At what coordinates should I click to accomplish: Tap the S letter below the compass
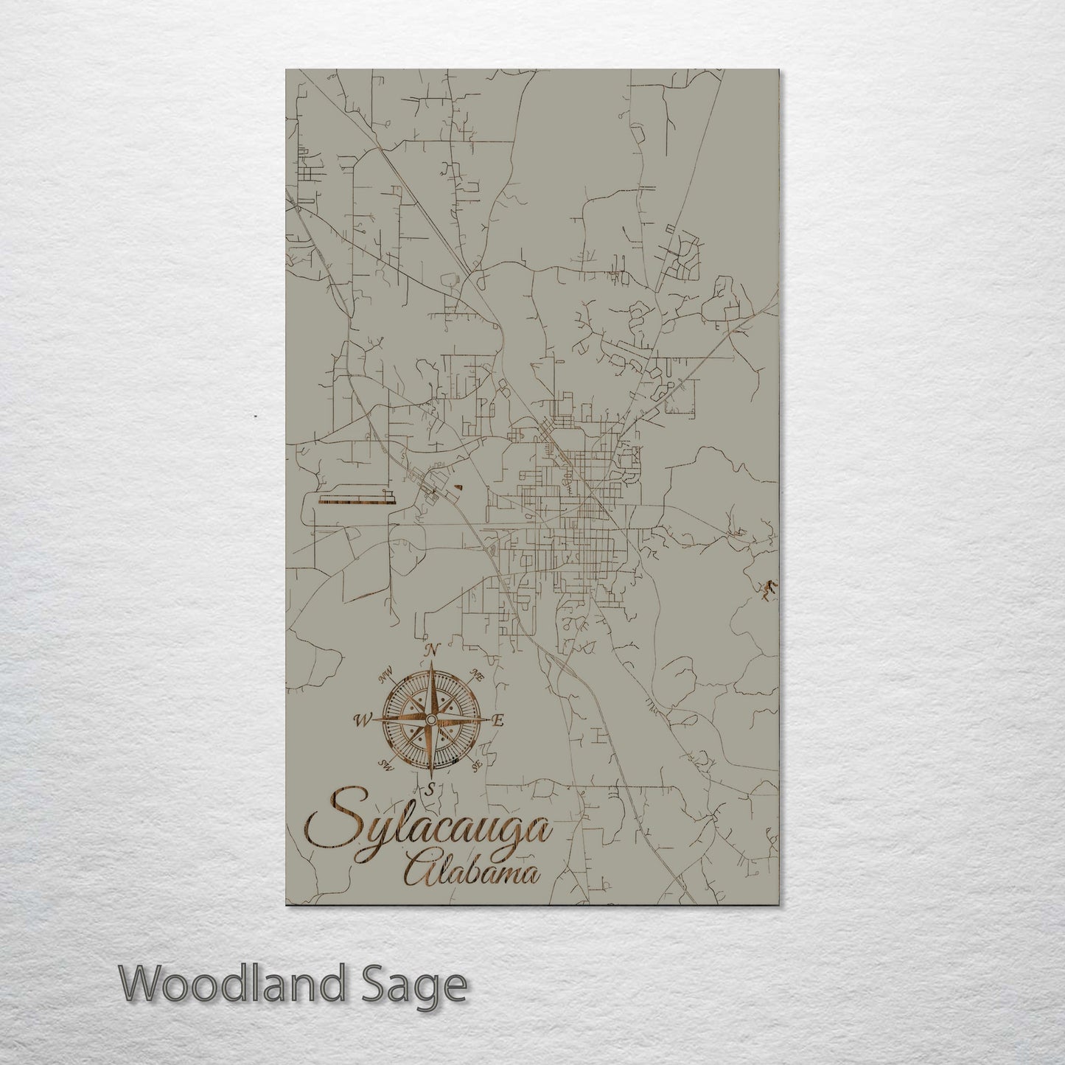(430, 789)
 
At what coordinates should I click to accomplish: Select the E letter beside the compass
(498, 721)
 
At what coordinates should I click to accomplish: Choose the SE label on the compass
(477, 766)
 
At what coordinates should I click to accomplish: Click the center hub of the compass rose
(431, 719)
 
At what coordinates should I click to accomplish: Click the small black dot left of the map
(255, 417)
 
